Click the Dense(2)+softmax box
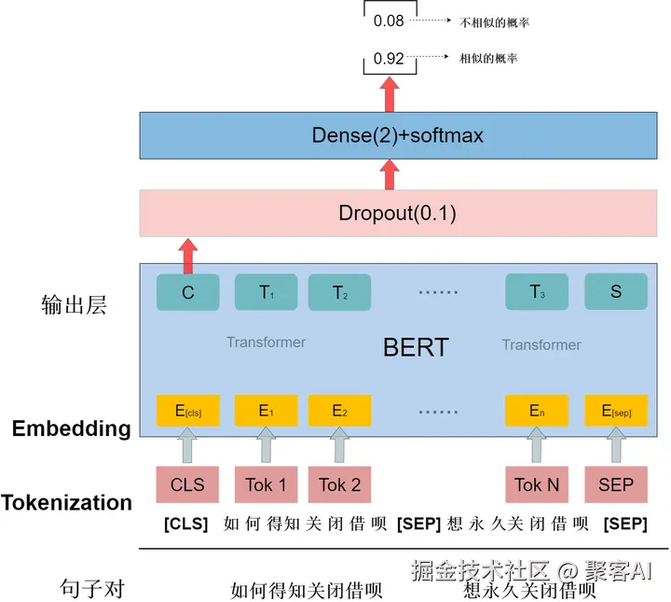click(x=398, y=135)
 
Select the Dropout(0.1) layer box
click(x=398, y=213)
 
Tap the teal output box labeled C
click(x=188, y=292)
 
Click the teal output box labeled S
click(x=616, y=292)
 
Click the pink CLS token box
click(x=187, y=484)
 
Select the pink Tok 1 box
click(x=266, y=484)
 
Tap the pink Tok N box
click(x=537, y=484)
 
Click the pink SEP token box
click(x=616, y=484)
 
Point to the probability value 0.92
click(x=389, y=59)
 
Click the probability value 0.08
click(x=389, y=21)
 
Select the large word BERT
click(x=416, y=348)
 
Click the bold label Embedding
click(x=71, y=429)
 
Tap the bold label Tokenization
click(x=66, y=503)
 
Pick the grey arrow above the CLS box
click(x=188, y=444)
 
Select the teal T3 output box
click(x=537, y=292)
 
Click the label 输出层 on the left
click(x=75, y=304)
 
